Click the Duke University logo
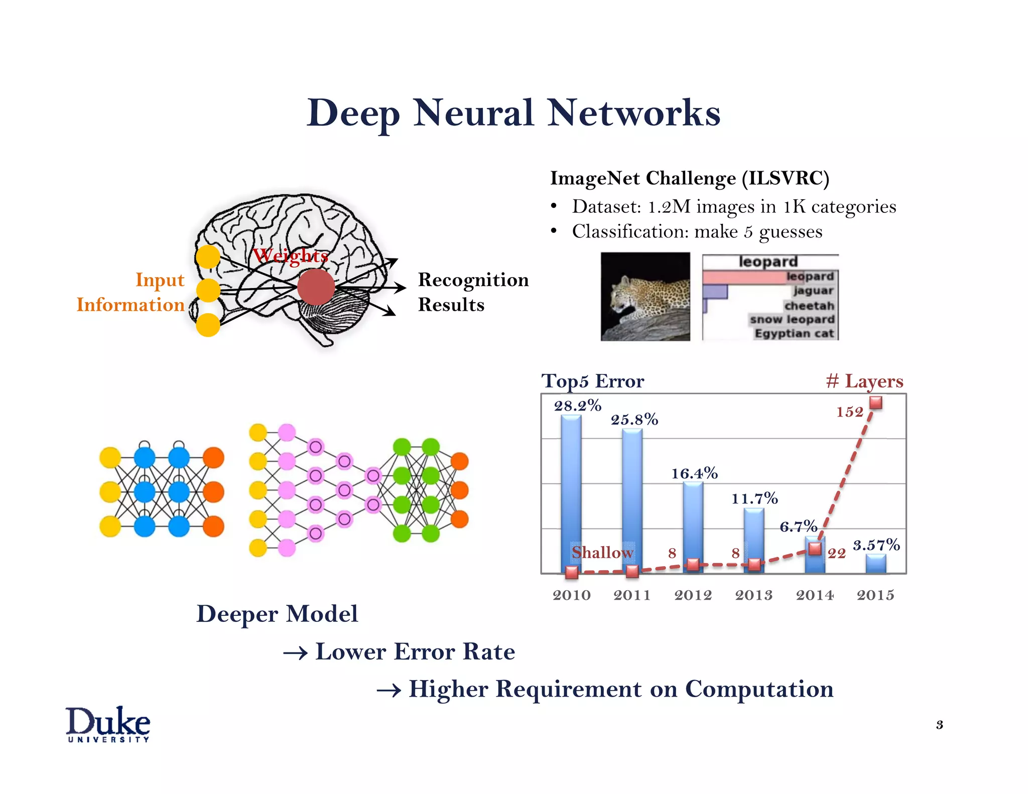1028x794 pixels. tap(108, 724)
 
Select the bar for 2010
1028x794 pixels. tap(571, 492)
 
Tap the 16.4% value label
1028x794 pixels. tap(695, 473)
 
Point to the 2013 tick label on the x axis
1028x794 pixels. tap(754, 595)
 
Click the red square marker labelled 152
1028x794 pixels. tap(876, 403)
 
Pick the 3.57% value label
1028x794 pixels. tap(876, 545)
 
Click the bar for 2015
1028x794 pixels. tap(876, 564)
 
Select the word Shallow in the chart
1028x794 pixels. tap(602, 552)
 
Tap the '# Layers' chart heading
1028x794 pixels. tap(864, 381)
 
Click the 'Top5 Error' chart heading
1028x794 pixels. tap(592, 381)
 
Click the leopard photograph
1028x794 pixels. tap(645, 297)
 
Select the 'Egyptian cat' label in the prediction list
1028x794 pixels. tap(794, 333)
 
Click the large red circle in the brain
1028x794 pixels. tap(316, 287)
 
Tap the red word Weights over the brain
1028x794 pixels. tap(291, 255)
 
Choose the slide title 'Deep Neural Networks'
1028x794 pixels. tap(513, 113)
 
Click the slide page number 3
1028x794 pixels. tap(940, 725)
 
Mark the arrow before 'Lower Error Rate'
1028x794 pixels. tap(295, 653)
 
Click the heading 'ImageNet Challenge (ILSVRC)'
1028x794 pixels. tap(690, 178)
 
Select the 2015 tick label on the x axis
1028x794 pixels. tap(875, 595)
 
